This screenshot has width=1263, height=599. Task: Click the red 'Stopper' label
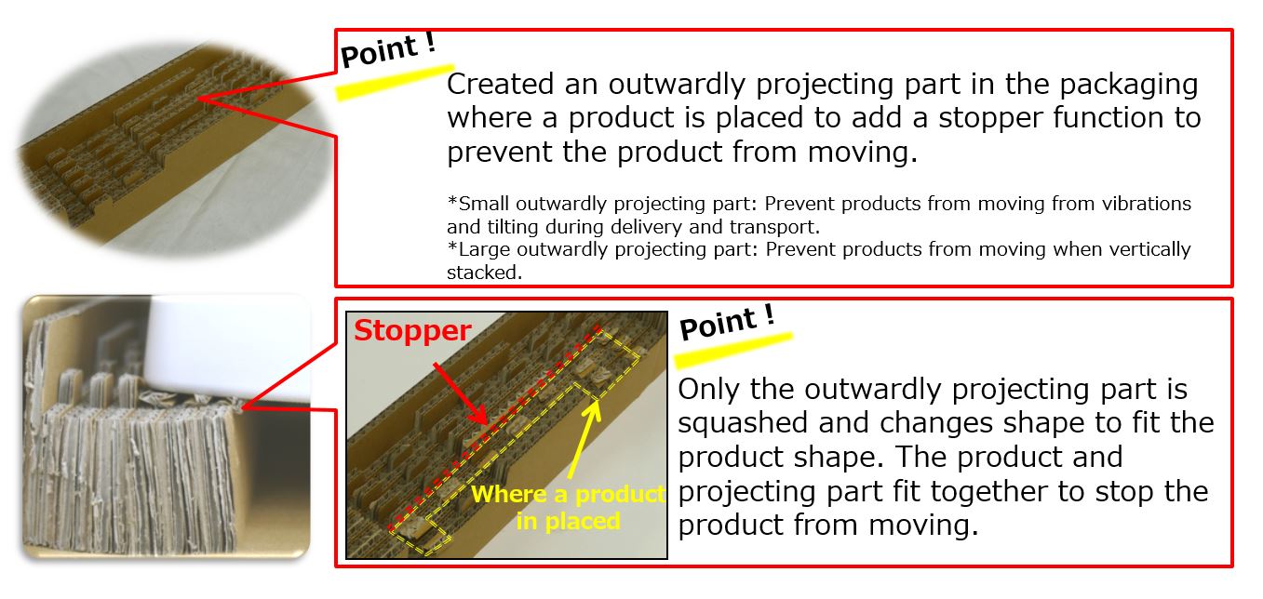pos(412,331)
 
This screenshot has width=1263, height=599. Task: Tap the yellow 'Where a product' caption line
pos(569,494)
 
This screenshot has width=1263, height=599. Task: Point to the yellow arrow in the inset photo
pos(585,440)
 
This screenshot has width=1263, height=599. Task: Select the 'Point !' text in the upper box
pos(388,50)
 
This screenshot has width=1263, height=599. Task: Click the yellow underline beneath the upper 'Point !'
pos(395,82)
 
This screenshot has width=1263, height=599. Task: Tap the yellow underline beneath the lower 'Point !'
pos(733,351)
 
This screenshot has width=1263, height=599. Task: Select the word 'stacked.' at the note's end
pos(484,273)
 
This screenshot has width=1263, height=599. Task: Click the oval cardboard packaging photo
pos(169,147)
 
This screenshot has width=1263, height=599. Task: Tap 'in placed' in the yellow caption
pos(569,521)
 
